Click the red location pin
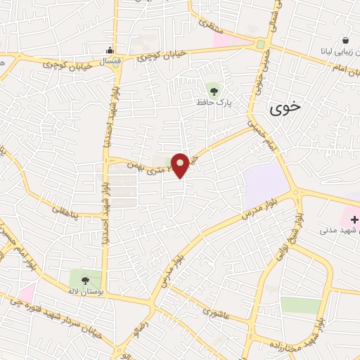[x=181, y=165]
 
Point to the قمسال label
[x=110, y=61]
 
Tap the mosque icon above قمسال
[x=110, y=50]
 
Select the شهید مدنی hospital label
[x=338, y=230]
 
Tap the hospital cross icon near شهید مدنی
[x=354, y=220]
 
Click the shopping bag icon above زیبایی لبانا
[x=345, y=41]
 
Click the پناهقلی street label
[x=64, y=209]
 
